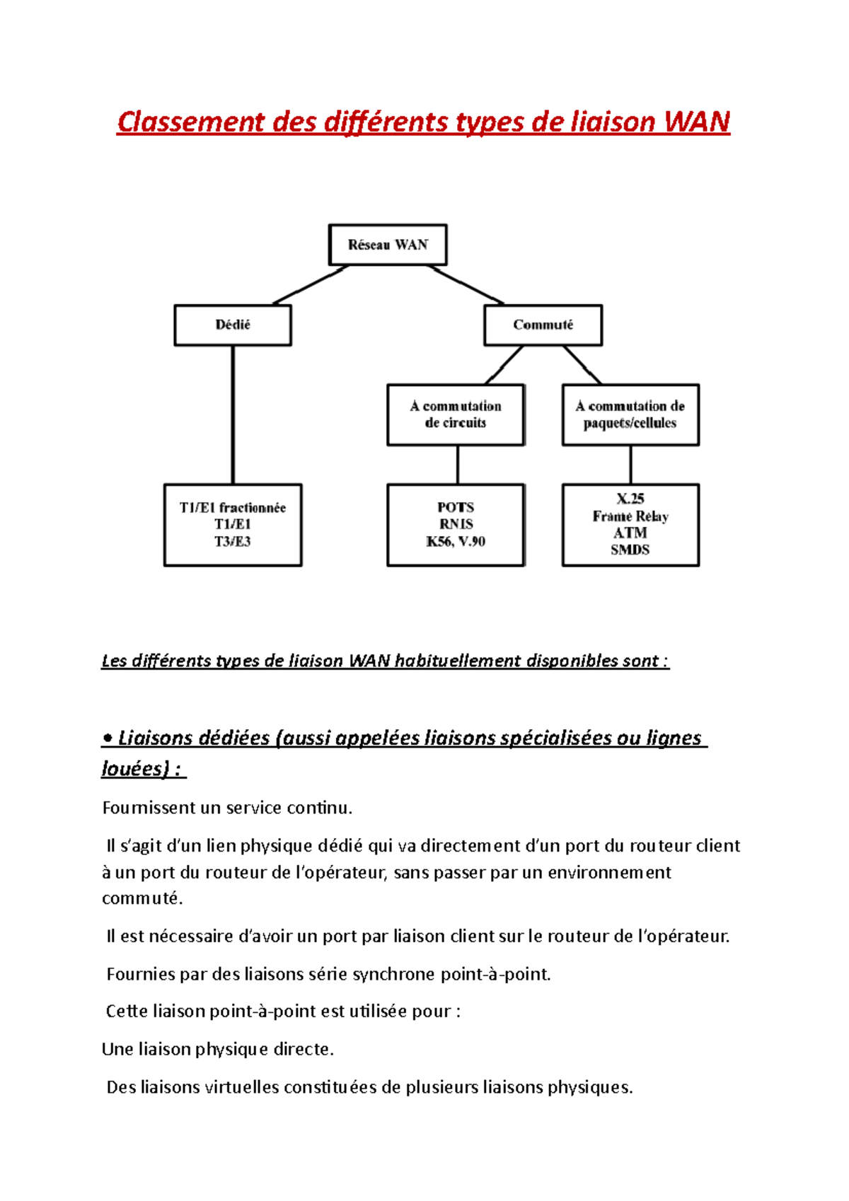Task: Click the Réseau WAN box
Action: (388, 245)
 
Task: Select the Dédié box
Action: (233, 325)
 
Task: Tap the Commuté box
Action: (543, 325)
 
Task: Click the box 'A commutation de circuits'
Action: (456, 414)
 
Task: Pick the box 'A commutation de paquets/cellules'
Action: (630, 414)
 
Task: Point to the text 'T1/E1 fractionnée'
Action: (233, 507)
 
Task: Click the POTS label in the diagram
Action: (456, 507)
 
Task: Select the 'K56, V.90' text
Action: (456, 541)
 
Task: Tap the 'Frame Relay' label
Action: (630, 516)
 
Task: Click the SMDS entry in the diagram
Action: (630, 550)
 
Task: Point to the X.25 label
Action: (630, 498)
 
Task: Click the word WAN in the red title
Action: (697, 122)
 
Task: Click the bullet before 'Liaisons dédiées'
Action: (108, 738)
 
